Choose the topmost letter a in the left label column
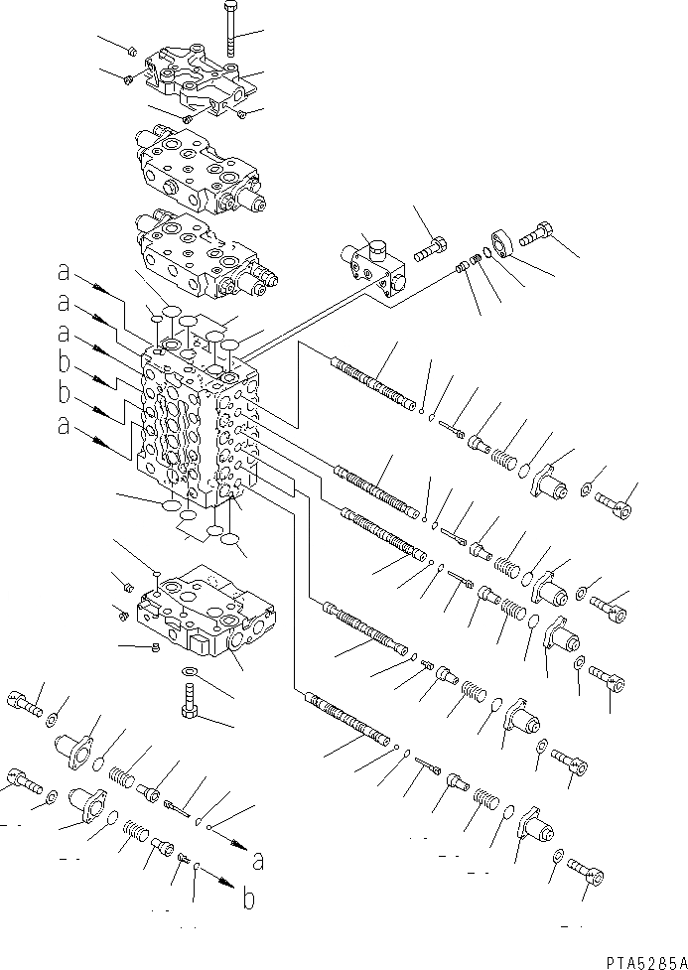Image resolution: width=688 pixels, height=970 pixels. coord(64,269)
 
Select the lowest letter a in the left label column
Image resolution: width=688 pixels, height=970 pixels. coord(64,428)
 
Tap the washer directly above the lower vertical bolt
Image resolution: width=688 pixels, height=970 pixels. coord(191,673)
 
